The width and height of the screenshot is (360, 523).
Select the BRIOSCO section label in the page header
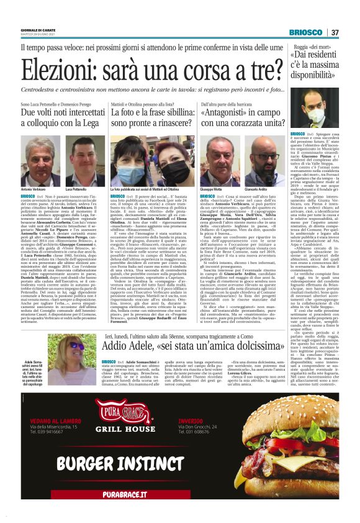(x=306, y=32)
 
